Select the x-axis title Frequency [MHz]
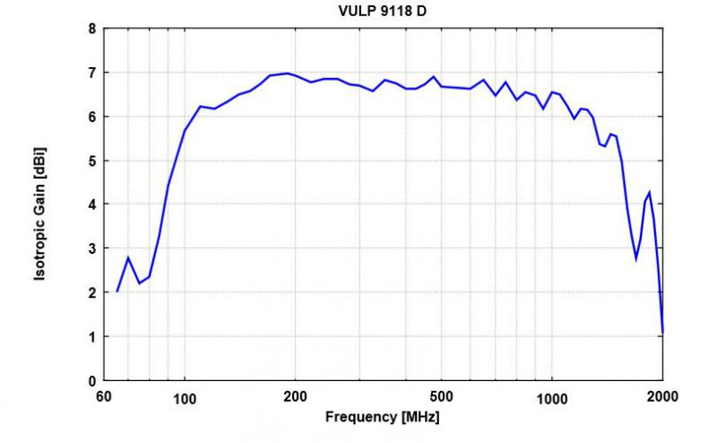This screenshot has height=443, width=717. coord(383,417)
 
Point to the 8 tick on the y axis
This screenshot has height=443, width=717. coord(91,28)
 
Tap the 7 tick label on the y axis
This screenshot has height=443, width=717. coord(91,72)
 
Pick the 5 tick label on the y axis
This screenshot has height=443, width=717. coord(91,161)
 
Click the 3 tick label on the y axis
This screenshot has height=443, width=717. coord(91,248)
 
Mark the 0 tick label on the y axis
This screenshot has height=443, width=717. coord(91,380)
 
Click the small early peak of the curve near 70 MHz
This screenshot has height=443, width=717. coord(128,258)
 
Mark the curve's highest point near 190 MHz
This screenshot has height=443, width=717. coord(287,74)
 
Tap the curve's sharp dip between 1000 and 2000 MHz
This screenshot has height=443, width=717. coord(636,258)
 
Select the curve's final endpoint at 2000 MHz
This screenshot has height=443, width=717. coord(662,334)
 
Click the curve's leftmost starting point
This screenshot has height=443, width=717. coord(117,291)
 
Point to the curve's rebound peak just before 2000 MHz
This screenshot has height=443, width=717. coord(650,192)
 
